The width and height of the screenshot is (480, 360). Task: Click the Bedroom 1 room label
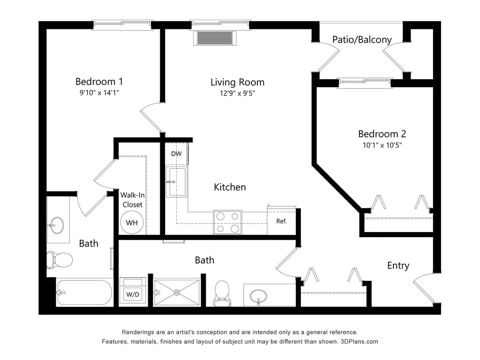tap(99, 82)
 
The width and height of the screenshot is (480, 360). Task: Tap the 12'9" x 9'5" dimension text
tap(237, 93)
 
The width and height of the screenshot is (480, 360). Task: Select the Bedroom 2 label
tap(382, 134)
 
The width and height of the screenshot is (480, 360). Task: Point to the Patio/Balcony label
tap(362, 40)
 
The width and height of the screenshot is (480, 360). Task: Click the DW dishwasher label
tap(176, 154)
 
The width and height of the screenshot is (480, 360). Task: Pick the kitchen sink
tap(177, 182)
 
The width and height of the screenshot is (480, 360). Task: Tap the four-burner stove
tap(227, 222)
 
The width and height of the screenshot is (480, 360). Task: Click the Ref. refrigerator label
tap(281, 221)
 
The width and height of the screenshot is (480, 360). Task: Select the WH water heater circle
tap(132, 223)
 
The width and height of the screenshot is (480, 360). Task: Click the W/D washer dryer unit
tap(133, 291)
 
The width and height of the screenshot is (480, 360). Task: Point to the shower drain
tap(177, 292)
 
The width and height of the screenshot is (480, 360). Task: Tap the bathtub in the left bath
tap(84, 292)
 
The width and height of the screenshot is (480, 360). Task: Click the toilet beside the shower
tap(222, 294)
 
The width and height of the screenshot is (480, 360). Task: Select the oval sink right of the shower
tap(258, 296)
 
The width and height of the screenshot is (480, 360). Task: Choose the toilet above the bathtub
tap(60, 260)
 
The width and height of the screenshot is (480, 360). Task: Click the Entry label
tap(398, 266)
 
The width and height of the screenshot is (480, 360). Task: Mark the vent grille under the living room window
tap(216, 38)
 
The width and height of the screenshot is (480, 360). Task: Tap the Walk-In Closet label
tap(133, 200)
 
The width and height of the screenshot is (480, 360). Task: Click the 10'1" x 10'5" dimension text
tap(382, 145)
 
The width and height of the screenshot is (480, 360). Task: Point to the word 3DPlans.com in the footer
tap(359, 342)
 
